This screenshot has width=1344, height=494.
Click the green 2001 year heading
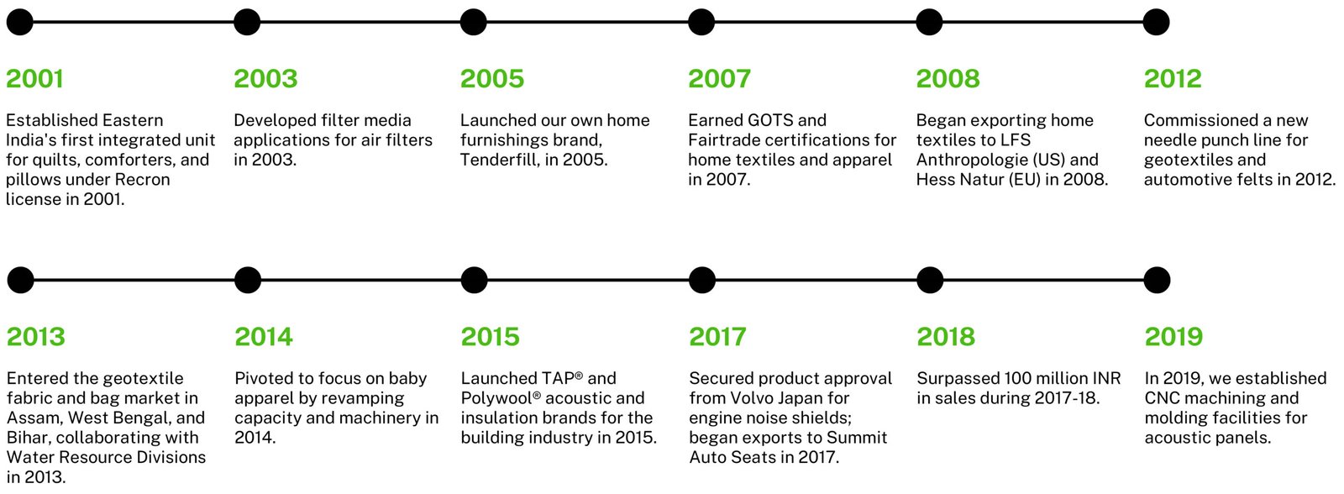point(34,79)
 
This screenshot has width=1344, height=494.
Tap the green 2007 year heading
point(719,79)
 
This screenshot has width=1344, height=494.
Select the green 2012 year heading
point(1173,79)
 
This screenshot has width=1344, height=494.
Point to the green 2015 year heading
point(491,337)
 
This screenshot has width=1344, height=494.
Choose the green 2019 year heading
point(1174,337)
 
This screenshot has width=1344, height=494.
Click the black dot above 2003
point(247,22)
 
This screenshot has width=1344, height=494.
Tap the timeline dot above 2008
point(929,22)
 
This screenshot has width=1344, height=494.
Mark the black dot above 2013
point(20,281)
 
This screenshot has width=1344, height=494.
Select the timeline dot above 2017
point(702,281)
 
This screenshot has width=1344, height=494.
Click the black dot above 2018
point(930,281)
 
